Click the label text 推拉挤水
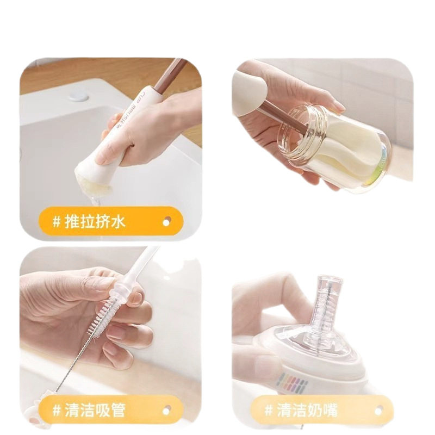(x=95, y=222)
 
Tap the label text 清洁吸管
(x=95, y=410)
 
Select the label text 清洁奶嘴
(x=307, y=410)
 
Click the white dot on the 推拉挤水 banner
(x=166, y=222)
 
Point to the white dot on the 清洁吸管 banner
(x=166, y=411)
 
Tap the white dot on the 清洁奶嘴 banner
(x=378, y=410)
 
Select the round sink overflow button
(x=79, y=97)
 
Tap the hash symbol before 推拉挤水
(x=57, y=222)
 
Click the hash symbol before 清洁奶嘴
(x=269, y=410)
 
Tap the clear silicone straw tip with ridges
(x=121, y=289)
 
